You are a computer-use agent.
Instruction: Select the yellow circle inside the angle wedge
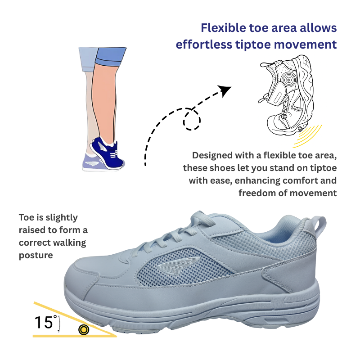(x=83, y=329)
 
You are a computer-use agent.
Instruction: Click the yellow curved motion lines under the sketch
(x=307, y=137)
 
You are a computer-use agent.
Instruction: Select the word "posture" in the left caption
(x=36, y=255)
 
